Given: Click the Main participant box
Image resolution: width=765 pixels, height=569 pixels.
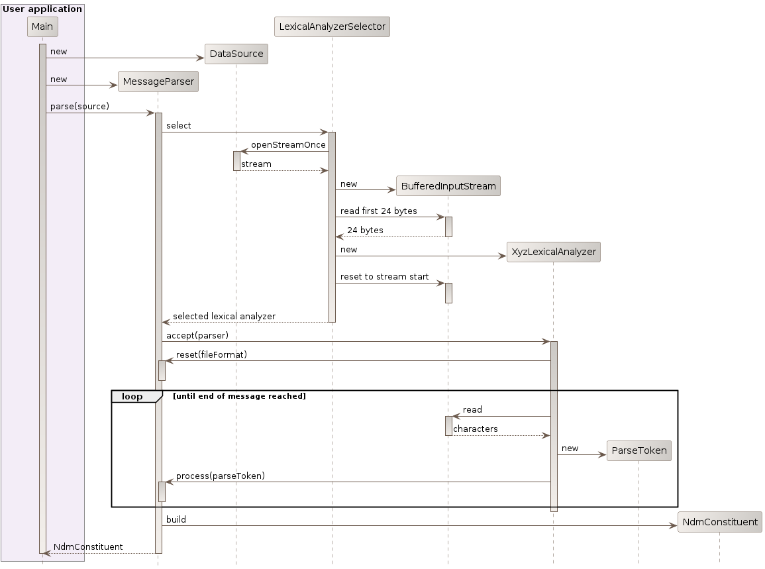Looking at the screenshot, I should (x=42, y=26).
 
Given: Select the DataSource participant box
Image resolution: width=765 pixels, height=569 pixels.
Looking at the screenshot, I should (x=236, y=54).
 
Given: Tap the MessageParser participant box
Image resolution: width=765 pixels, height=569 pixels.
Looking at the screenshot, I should (x=158, y=81).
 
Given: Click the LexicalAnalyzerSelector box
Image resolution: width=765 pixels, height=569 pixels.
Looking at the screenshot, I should (x=331, y=26).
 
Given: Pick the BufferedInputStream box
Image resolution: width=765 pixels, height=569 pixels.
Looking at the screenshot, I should (x=448, y=186).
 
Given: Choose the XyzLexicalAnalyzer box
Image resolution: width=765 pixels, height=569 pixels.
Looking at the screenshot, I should (x=553, y=252).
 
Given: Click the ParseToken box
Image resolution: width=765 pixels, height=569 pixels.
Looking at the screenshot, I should (x=638, y=451).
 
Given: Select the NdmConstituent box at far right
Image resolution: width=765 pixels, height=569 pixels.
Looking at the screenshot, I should (x=719, y=522).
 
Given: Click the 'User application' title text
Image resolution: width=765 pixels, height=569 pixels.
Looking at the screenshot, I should (x=42, y=9).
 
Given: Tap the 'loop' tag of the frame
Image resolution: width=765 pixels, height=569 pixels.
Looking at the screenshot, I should (x=132, y=396).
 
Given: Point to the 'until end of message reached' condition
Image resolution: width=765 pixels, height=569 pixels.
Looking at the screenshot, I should (x=239, y=396).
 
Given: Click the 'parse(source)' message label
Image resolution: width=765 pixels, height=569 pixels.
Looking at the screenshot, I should (x=79, y=106).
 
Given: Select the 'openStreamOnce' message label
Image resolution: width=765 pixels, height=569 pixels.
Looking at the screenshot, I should (x=288, y=144).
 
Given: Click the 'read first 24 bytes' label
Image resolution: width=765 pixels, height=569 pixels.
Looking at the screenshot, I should (x=379, y=211).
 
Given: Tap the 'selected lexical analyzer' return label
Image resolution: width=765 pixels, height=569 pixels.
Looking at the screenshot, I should (x=224, y=316).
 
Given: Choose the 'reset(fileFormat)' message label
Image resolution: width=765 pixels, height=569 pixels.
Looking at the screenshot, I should (x=211, y=354).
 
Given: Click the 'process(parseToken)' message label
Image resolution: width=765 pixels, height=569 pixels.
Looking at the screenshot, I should (x=220, y=476).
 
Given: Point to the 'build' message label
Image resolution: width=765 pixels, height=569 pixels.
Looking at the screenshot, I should (x=176, y=519).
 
